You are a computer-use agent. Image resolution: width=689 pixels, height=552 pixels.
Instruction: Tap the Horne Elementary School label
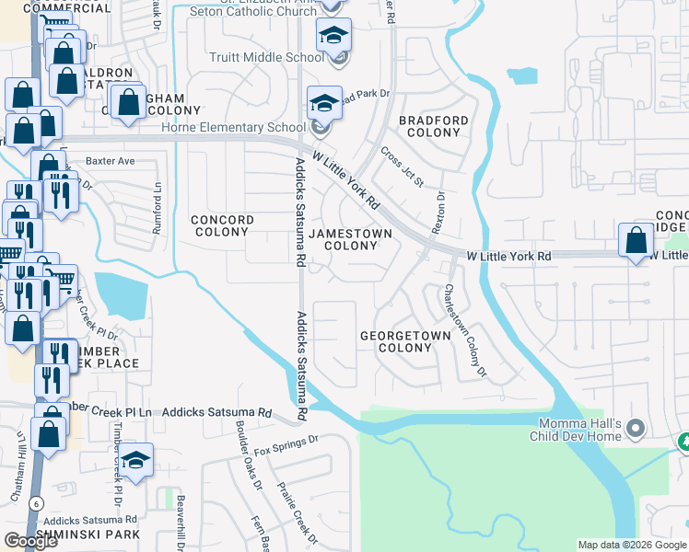(x=248, y=128)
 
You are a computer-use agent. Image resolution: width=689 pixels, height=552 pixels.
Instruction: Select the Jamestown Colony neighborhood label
(x=350, y=239)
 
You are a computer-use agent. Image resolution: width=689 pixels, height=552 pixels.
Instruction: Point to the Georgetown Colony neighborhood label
(x=405, y=341)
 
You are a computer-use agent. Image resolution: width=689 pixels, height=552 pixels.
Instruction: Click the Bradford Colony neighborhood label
(x=433, y=126)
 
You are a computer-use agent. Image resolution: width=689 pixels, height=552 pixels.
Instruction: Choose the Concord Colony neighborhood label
(x=222, y=226)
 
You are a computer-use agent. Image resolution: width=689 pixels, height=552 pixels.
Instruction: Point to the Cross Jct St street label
(x=402, y=167)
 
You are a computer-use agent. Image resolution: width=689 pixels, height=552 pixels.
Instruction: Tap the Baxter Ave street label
(x=111, y=161)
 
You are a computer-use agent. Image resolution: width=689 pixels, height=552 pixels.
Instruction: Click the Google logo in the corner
(x=30, y=541)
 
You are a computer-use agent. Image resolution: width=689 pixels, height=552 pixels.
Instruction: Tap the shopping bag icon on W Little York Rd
(x=636, y=243)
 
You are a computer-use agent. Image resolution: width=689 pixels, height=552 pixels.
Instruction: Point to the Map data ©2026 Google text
(x=631, y=545)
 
